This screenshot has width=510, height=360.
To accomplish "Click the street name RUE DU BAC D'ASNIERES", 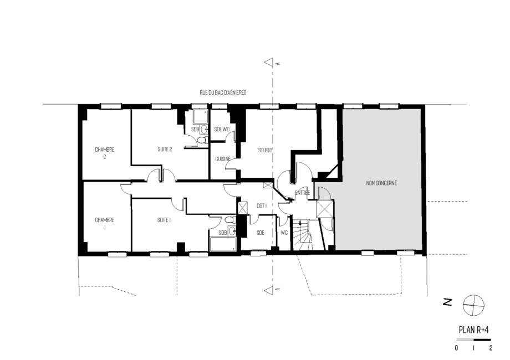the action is coord(223,92).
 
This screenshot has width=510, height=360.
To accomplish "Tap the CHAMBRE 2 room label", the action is coord(105,153).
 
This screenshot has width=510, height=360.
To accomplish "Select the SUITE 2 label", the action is coord(165,149).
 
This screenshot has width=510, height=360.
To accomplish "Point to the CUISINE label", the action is coord(223,159).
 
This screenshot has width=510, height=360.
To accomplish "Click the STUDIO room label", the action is coord(265,150).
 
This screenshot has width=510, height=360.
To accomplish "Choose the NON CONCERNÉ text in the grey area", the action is coord(381,183).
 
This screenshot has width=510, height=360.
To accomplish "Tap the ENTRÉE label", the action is coord(302,193).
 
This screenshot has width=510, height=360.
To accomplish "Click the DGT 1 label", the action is coord(262,205).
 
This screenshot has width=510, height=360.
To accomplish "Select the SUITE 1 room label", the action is coord(164,220).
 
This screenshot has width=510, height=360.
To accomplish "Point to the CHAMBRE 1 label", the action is coord(105,224).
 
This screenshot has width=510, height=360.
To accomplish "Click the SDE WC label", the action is coord(222,129).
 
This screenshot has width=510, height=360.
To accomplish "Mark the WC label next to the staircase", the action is coord(284,233).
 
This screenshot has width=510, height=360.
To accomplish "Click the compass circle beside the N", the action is coord(473,305).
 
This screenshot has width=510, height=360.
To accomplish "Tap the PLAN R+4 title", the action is coord(473,330).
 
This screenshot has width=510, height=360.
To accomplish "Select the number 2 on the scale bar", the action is coord(491,348).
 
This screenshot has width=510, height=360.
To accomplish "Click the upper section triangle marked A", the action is coord(269,63).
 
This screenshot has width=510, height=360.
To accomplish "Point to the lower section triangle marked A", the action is coord(269,290).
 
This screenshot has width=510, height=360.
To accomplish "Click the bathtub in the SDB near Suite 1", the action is coord(223,244).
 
